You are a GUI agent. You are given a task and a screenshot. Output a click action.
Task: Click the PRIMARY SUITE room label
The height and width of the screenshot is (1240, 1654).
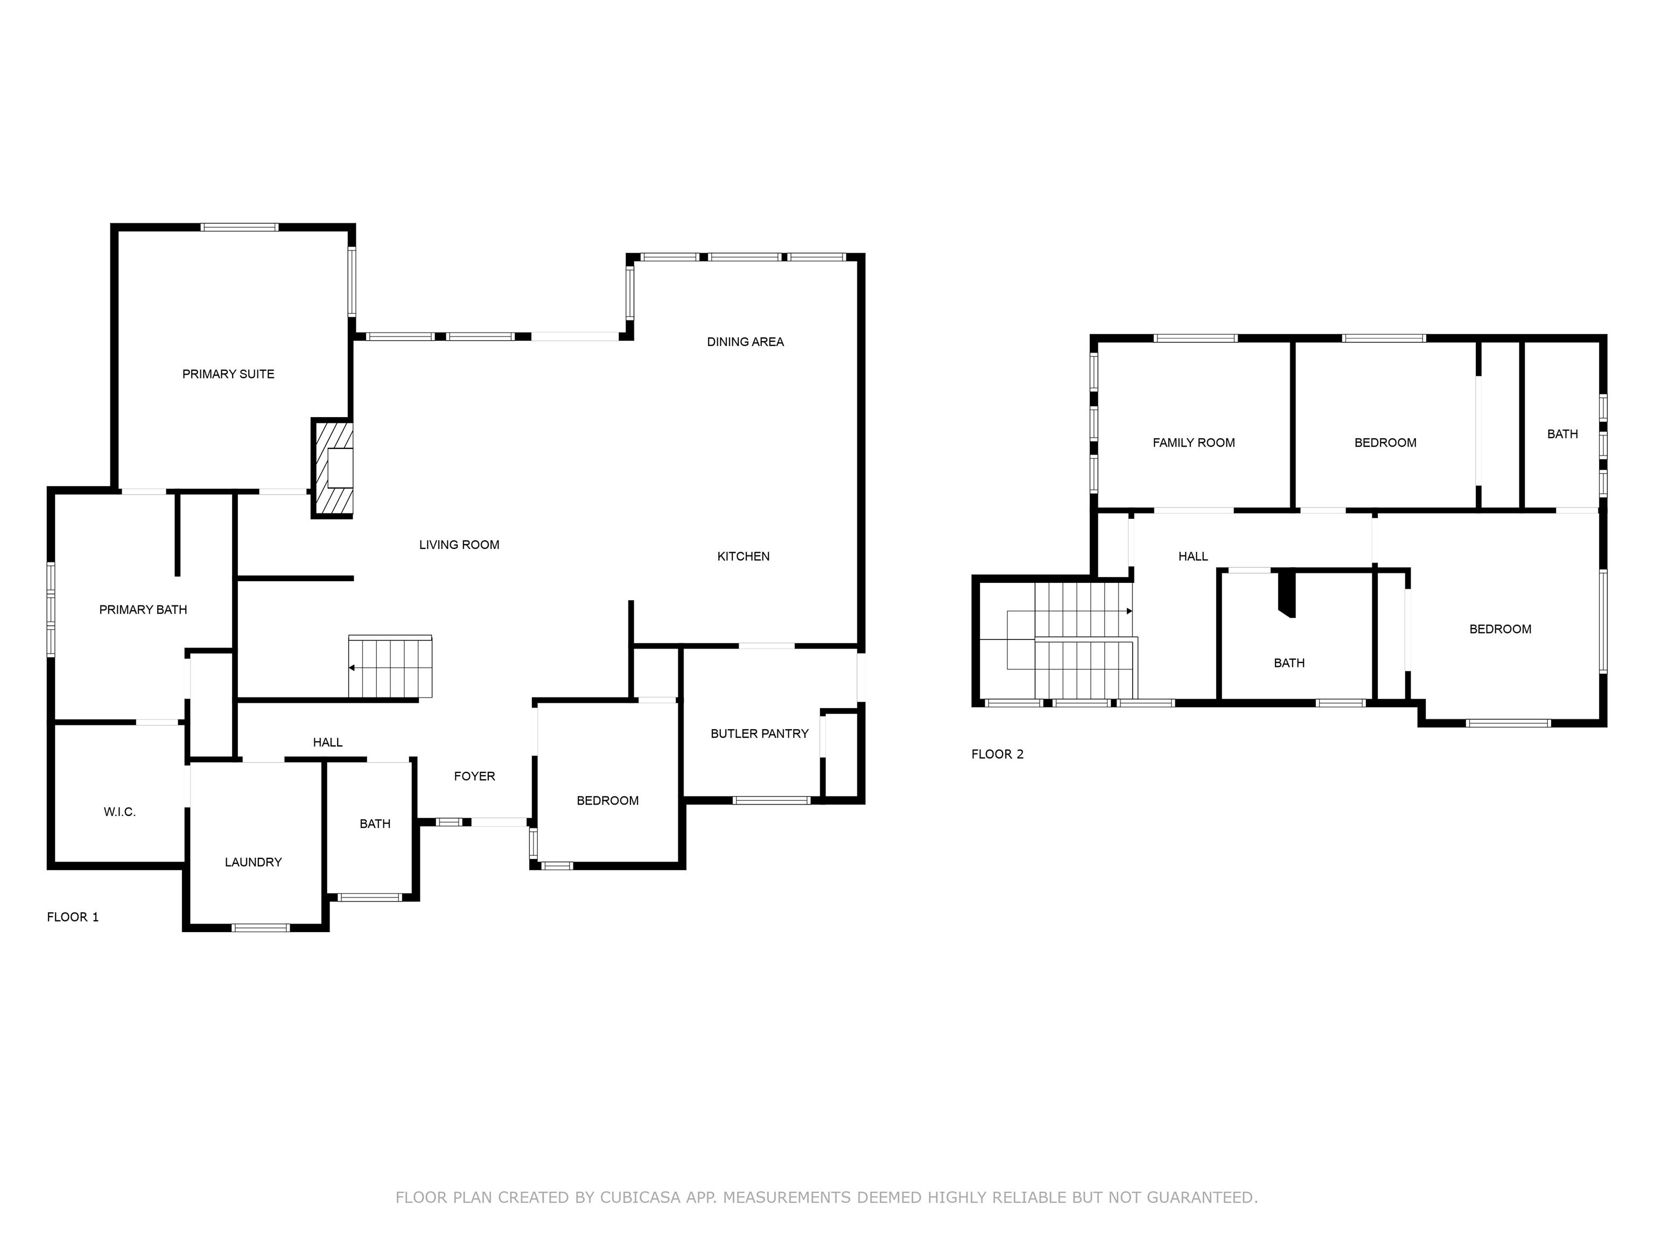click(x=228, y=374)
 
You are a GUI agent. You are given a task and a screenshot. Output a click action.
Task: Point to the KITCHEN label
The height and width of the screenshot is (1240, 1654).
click(x=742, y=556)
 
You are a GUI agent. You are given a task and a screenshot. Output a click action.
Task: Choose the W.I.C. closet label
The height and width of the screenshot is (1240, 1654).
click(x=120, y=812)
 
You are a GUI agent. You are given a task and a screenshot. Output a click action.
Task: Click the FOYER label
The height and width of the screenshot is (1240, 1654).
click(x=474, y=776)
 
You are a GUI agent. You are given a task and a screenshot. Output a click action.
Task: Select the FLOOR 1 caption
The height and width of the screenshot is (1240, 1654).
click(x=73, y=917)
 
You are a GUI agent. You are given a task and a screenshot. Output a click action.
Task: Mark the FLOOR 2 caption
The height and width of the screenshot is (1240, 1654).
click(x=997, y=754)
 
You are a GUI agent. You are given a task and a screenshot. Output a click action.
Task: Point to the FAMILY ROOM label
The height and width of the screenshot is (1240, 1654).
click(x=1194, y=442)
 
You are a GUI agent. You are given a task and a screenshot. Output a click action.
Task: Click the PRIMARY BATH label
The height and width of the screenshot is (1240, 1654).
click(x=143, y=610)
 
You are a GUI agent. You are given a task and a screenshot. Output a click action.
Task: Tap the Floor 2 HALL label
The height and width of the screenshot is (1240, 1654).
click(x=1193, y=556)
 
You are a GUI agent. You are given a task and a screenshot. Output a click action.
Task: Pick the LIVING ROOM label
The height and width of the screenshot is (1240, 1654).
click(x=459, y=545)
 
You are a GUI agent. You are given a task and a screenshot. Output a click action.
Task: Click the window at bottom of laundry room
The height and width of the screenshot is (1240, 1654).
click(x=260, y=927)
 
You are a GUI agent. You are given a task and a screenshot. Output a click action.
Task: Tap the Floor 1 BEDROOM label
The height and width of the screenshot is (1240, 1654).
click(x=607, y=800)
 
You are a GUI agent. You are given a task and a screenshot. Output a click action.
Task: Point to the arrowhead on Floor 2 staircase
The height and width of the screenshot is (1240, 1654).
click(x=1129, y=611)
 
